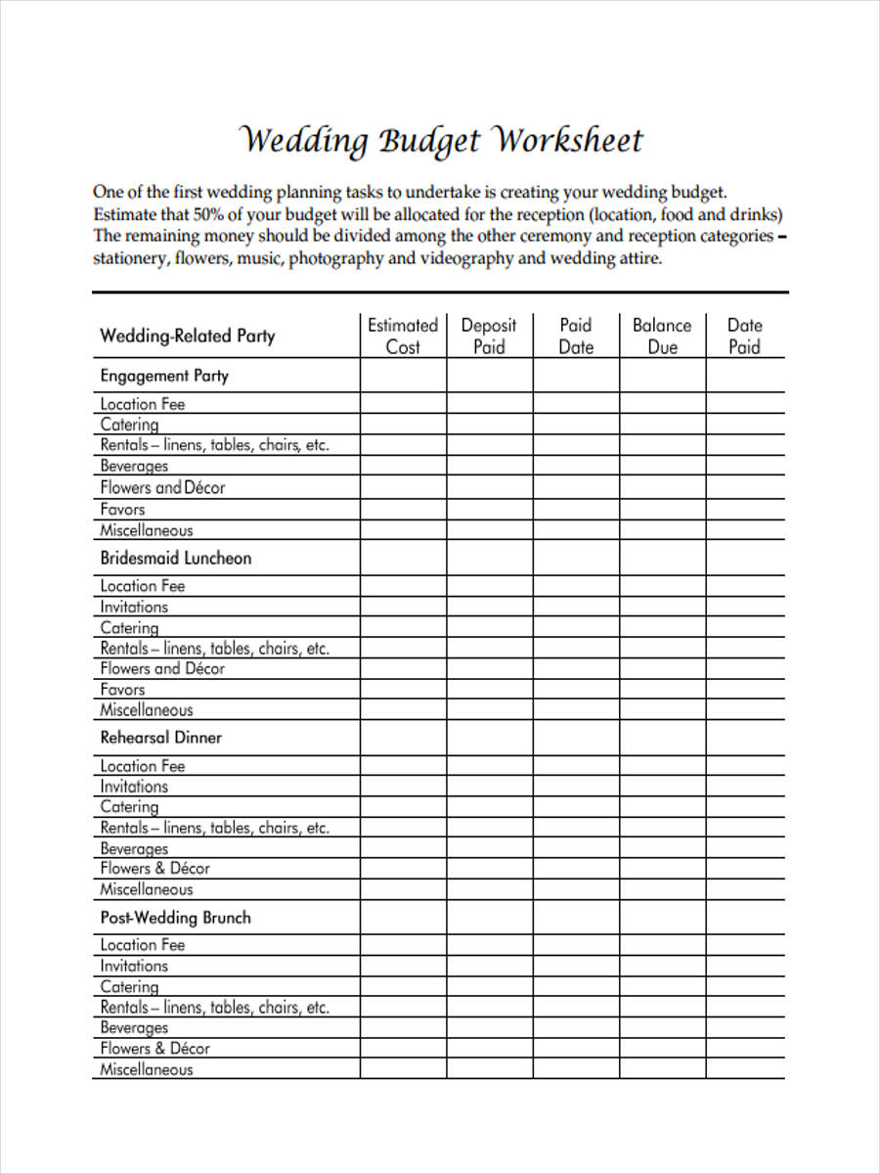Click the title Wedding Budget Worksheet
pos(441,141)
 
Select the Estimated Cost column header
pos(403,336)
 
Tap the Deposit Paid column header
pos(489,336)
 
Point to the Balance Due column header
pos(662,336)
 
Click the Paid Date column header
pos(576,336)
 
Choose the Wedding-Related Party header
pos(188,337)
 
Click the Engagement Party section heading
pos(164,376)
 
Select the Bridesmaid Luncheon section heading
pos(176,559)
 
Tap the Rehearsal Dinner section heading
pos(161,738)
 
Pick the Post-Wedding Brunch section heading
pos(176,918)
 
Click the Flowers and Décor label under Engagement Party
pos(162,487)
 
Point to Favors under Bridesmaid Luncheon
pos(122,690)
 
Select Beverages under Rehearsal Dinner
pos(134,849)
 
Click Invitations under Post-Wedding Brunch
pos(134,966)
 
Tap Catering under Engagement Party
pos(129,425)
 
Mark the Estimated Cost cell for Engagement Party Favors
pos(403,509)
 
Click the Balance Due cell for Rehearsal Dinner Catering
pos(662,807)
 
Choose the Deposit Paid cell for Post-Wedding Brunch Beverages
pos(489,1028)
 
